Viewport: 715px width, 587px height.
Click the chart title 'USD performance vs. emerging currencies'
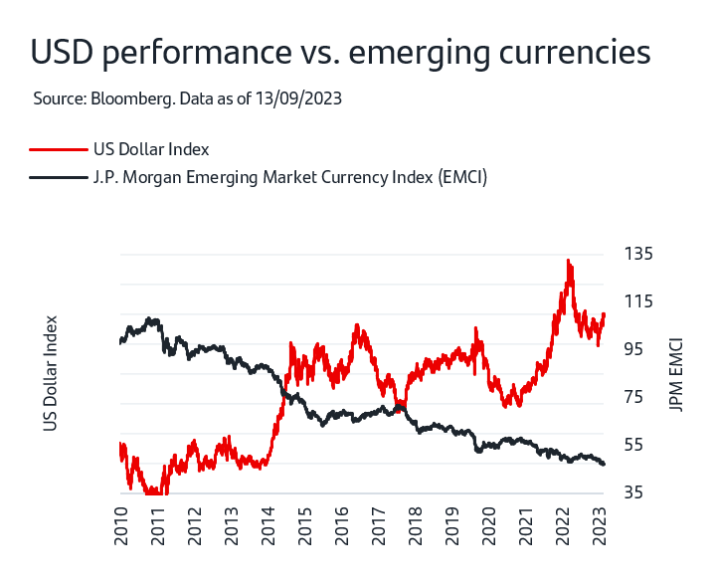[341, 53]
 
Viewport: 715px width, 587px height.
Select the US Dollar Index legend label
[151, 149]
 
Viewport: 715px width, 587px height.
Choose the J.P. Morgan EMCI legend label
[289, 177]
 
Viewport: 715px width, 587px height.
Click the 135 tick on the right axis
[639, 254]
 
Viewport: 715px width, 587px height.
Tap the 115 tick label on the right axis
[639, 301]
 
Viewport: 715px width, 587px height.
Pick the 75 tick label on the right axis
[635, 398]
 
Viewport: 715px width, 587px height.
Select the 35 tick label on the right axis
[635, 493]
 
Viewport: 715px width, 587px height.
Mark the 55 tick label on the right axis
[635, 446]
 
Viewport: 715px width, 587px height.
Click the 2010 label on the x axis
[121, 525]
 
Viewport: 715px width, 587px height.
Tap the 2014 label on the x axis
[268, 525]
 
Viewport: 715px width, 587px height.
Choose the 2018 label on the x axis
[415, 525]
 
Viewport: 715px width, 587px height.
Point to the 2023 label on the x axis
[599, 525]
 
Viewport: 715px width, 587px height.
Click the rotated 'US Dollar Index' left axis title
[51, 373]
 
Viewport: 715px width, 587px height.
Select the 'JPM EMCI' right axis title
[676, 373]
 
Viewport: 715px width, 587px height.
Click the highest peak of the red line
[568, 261]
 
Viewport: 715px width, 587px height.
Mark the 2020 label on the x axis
[488, 525]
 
